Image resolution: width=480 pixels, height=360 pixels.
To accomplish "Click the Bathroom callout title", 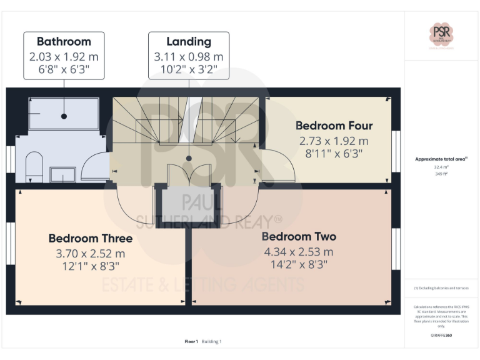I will pyautogui.click(x=64, y=42).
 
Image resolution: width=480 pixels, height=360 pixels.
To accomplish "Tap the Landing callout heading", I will pyautogui.click(x=188, y=42).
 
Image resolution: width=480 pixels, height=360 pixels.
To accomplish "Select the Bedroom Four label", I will pyautogui.click(x=334, y=126).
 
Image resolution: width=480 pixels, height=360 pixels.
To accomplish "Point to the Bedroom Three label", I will pyautogui.click(x=91, y=238).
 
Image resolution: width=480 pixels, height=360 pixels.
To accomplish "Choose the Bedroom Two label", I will pyautogui.click(x=299, y=237).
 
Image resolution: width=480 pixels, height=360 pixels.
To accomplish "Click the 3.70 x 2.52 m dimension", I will pyautogui.click(x=91, y=254).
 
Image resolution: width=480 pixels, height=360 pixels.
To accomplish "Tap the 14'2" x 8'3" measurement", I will pyautogui.click(x=299, y=264).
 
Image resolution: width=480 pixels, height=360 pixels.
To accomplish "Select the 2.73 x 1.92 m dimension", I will pyautogui.click(x=334, y=141).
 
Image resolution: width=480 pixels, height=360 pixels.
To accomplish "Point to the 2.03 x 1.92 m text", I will pyautogui.click(x=64, y=56).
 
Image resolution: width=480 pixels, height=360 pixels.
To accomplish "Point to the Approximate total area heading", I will pyautogui.click(x=441, y=159).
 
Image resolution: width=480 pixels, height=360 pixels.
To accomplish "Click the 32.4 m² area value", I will pyautogui.click(x=441, y=167).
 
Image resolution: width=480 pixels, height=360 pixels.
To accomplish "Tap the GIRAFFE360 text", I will pyautogui.click(x=441, y=336).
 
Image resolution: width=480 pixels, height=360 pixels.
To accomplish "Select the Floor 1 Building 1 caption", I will pyautogui.click(x=203, y=341).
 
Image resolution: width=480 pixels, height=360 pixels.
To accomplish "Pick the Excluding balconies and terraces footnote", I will pyautogui.click(x=441, y=288).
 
